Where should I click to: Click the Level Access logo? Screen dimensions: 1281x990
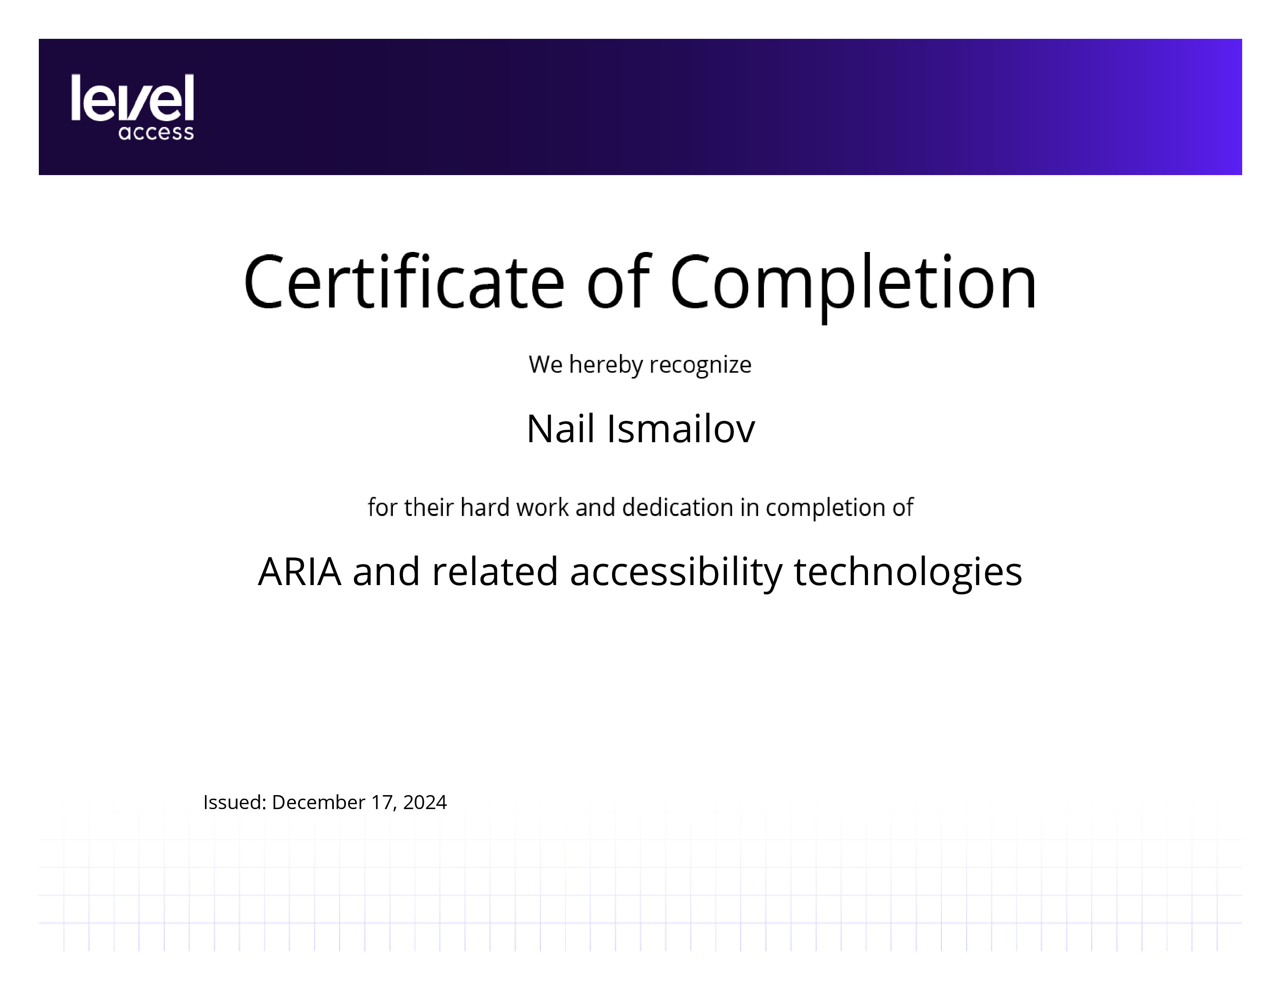[x=132, y=107]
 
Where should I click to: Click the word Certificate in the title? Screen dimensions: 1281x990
[x=404, y=281]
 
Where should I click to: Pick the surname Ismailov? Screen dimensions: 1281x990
[x=681, y=428]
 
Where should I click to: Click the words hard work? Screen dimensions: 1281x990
[x=514, y=507]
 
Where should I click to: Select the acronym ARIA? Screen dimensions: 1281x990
[x=299, y=571]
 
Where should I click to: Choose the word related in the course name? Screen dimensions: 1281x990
[x=495, y=571]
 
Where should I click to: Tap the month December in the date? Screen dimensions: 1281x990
[x=318, y=802]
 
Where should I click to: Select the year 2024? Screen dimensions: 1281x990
[x=425, y=802]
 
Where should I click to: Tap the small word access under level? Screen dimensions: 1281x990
[x=156, y=132]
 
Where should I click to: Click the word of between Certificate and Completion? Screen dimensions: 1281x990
[x=618, y=281]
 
